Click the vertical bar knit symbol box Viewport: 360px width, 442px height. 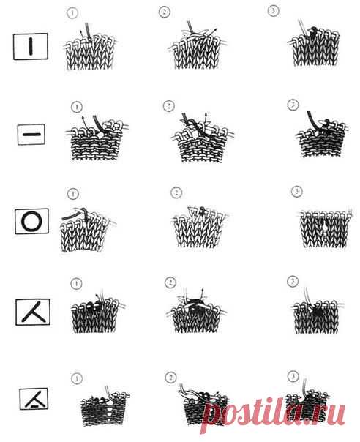click(31, 47)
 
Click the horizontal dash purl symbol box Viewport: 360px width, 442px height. click(31, 135)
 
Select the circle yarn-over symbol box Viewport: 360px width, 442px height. click(31, 221)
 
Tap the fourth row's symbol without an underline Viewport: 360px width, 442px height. click(33, 312)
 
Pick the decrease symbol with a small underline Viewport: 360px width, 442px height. click(34, 399)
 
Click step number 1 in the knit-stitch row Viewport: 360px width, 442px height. click(72, 13)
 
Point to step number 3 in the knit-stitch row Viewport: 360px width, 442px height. click(273, 11)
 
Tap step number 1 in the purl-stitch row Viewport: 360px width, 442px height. click(77, 107)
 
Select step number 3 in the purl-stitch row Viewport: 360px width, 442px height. click(293, 105)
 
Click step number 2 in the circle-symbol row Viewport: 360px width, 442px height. click(176, 192)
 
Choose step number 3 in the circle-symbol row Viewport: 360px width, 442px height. click(296, 192)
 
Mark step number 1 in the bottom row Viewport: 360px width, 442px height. click(77, 378)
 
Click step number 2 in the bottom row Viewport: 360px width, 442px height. click(170, 378)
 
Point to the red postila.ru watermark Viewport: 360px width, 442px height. click(273, 413)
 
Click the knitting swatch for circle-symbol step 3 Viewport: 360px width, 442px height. click(324, 229)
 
